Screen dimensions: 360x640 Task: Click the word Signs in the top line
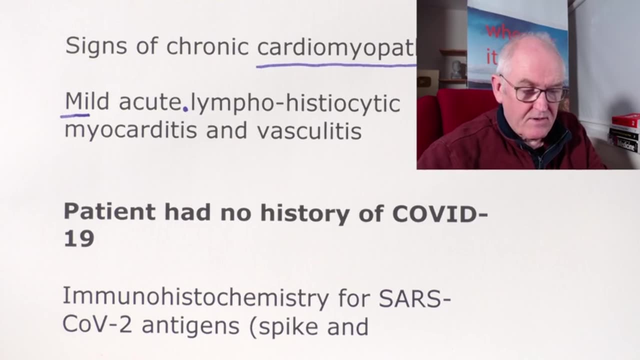[91, 46]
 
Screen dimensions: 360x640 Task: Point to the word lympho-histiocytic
[295, 103]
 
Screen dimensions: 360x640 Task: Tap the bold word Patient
[109, 212]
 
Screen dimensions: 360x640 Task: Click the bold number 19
[79, 239]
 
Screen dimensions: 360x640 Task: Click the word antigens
[195, 326]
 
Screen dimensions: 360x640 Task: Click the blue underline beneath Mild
[75, 115]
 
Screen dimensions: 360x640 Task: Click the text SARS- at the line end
[414, 298]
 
